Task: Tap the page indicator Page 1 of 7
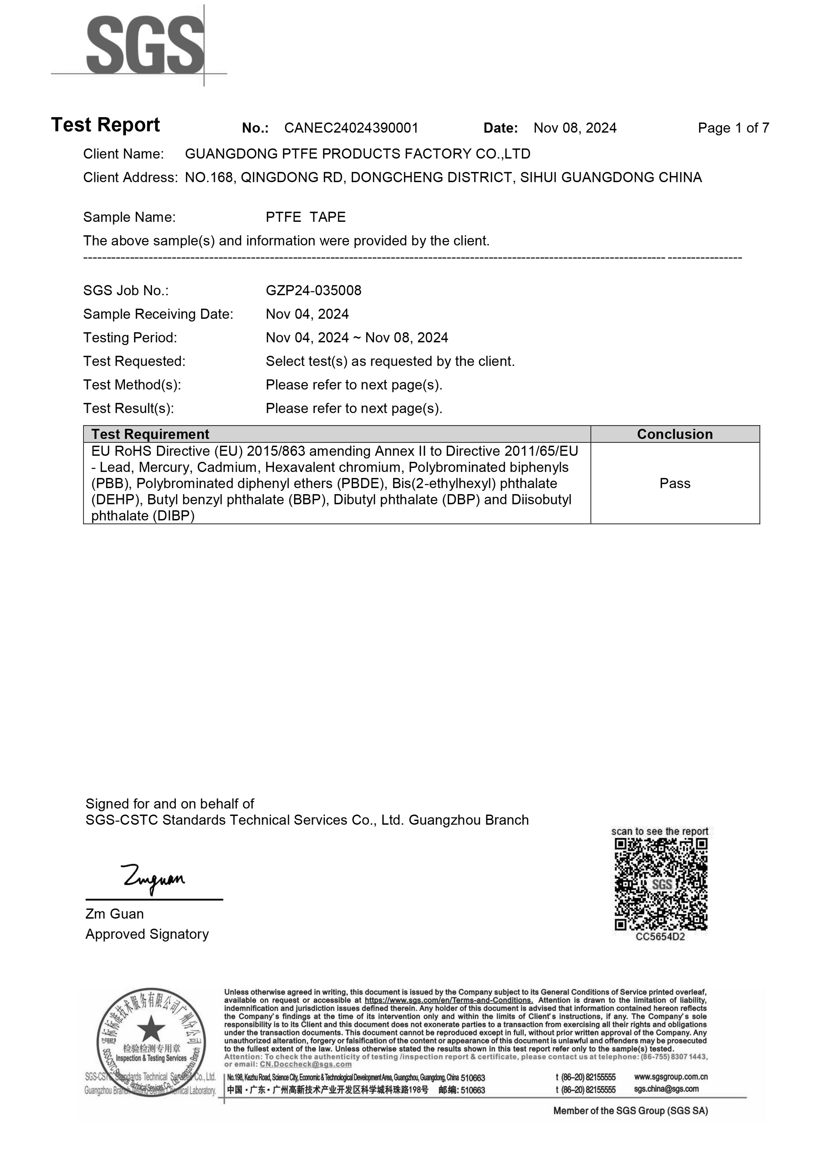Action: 733,128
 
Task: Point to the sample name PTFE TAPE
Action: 306,217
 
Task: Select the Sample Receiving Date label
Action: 158,314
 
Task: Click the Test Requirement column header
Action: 150,434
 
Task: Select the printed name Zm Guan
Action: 114,914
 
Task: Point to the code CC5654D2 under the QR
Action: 660,937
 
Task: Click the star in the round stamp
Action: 151,1029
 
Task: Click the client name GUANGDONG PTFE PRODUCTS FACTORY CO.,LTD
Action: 357,154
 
